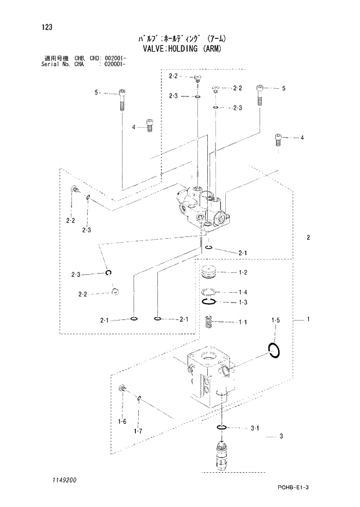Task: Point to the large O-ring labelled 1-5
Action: point(275,350)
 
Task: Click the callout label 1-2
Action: point(243,272)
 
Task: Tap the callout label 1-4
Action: point(243,292)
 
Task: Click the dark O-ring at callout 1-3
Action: point(210,302)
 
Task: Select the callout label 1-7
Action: point(138,430)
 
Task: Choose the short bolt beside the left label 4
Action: point(148,125)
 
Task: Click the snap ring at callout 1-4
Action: point(210,292)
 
